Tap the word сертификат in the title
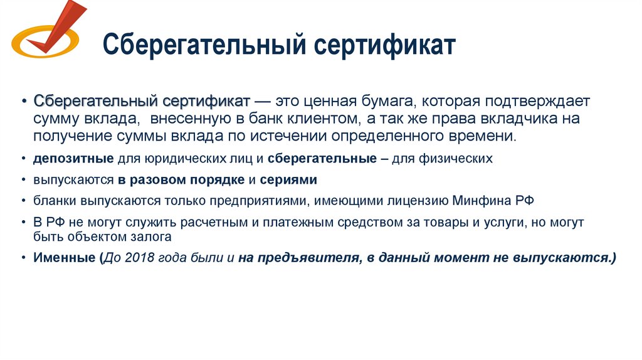[382, 46]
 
